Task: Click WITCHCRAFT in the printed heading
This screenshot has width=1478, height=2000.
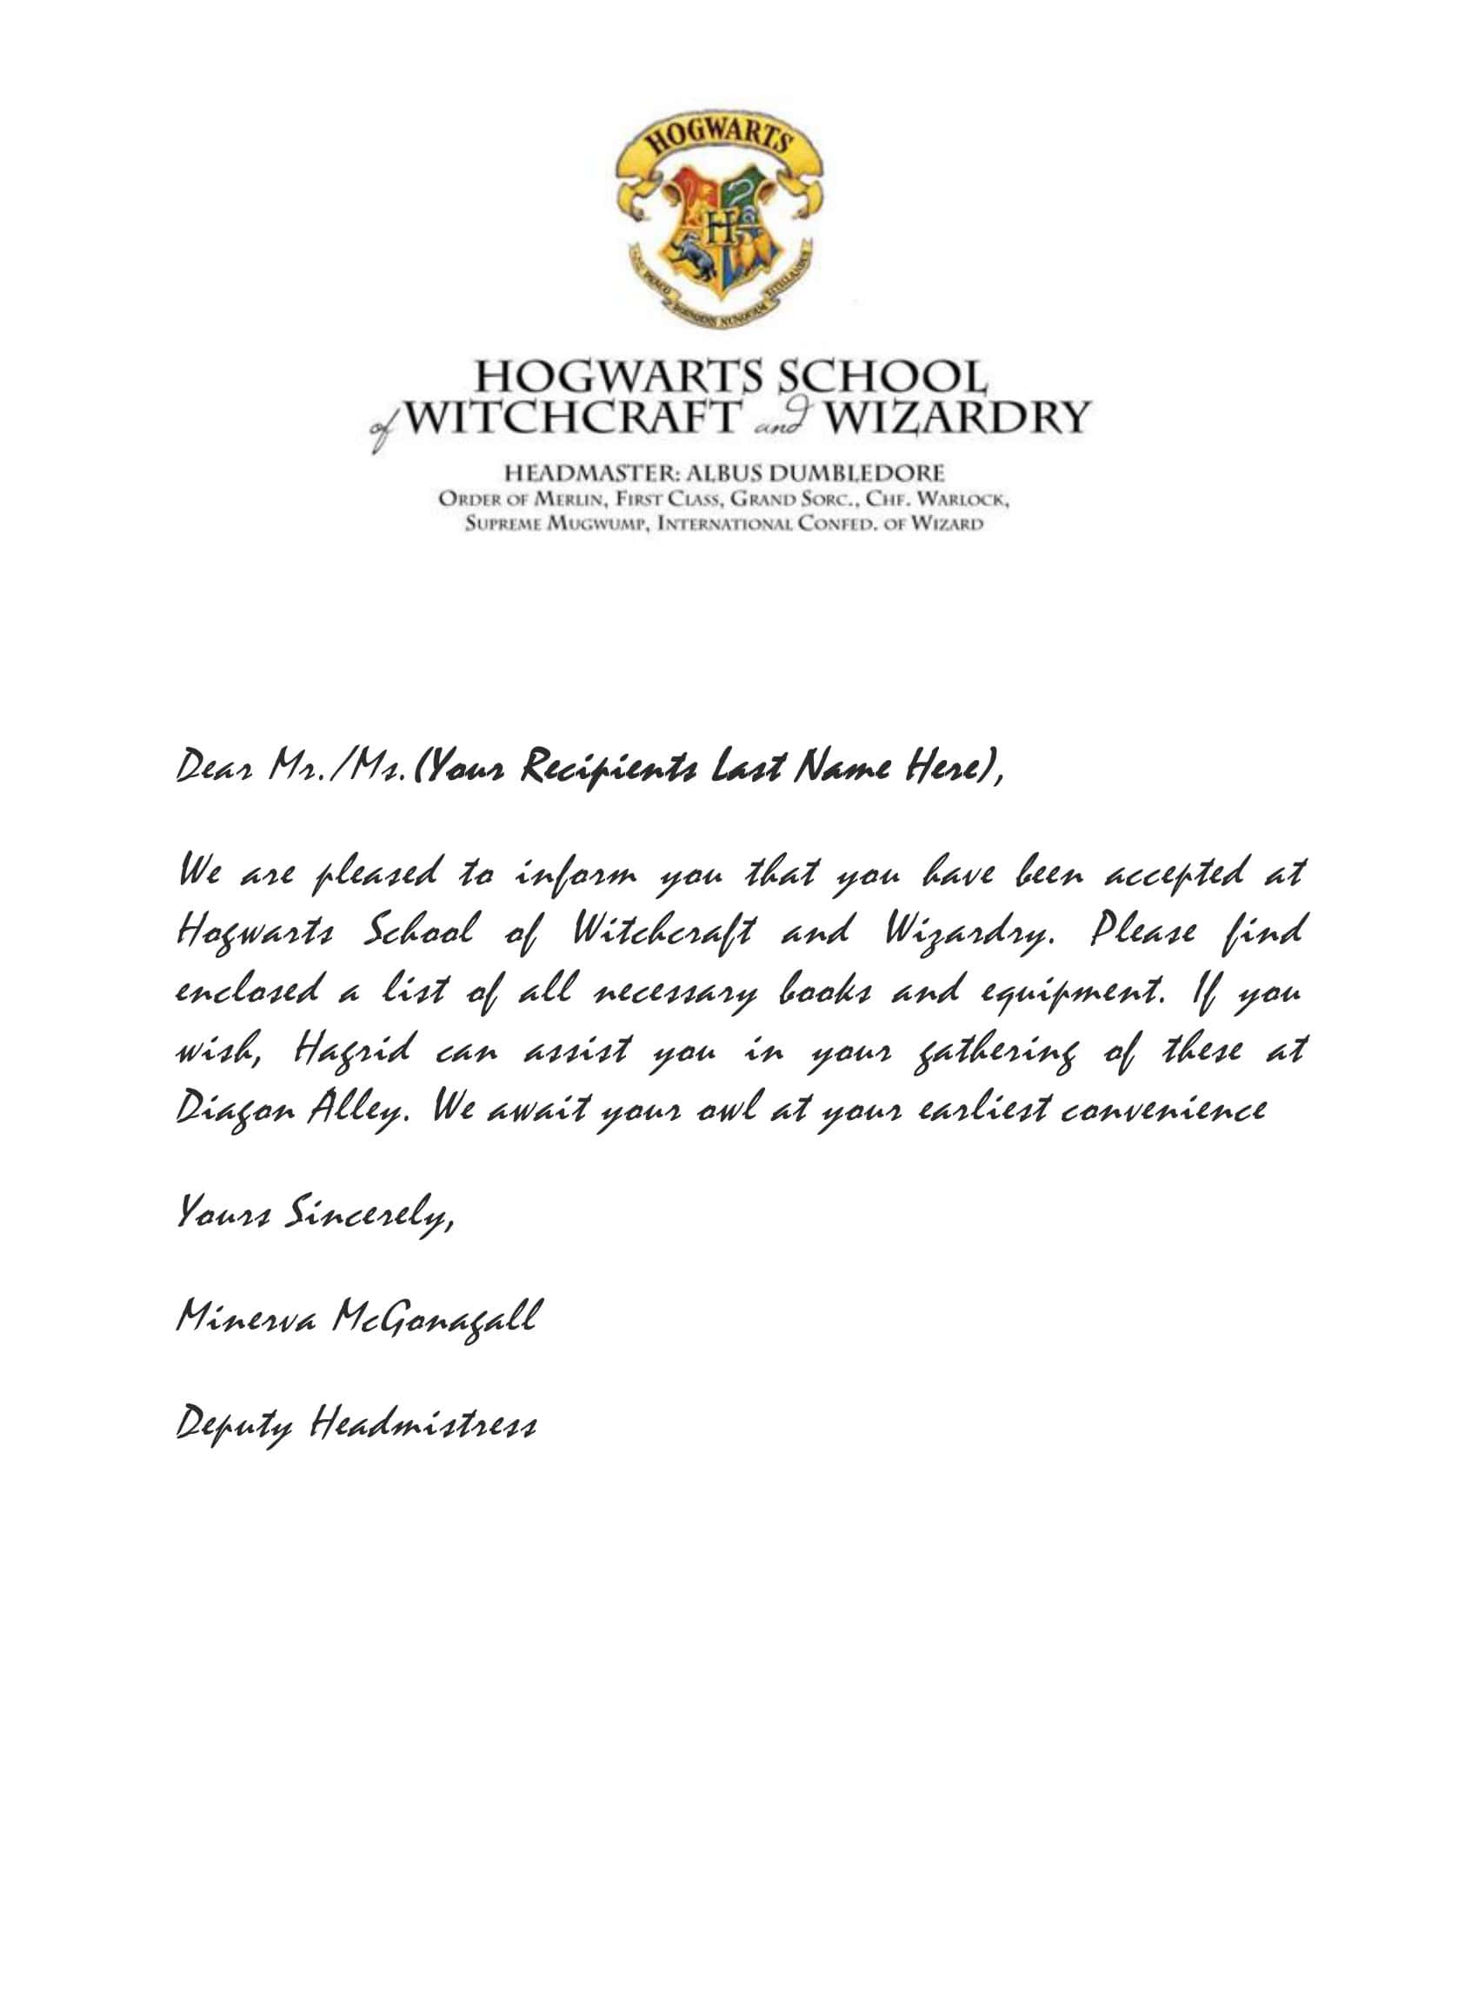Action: pyautogui.click(x=573, y=417)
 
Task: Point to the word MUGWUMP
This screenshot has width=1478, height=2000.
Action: pyautogui.click(x=591, y=523)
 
